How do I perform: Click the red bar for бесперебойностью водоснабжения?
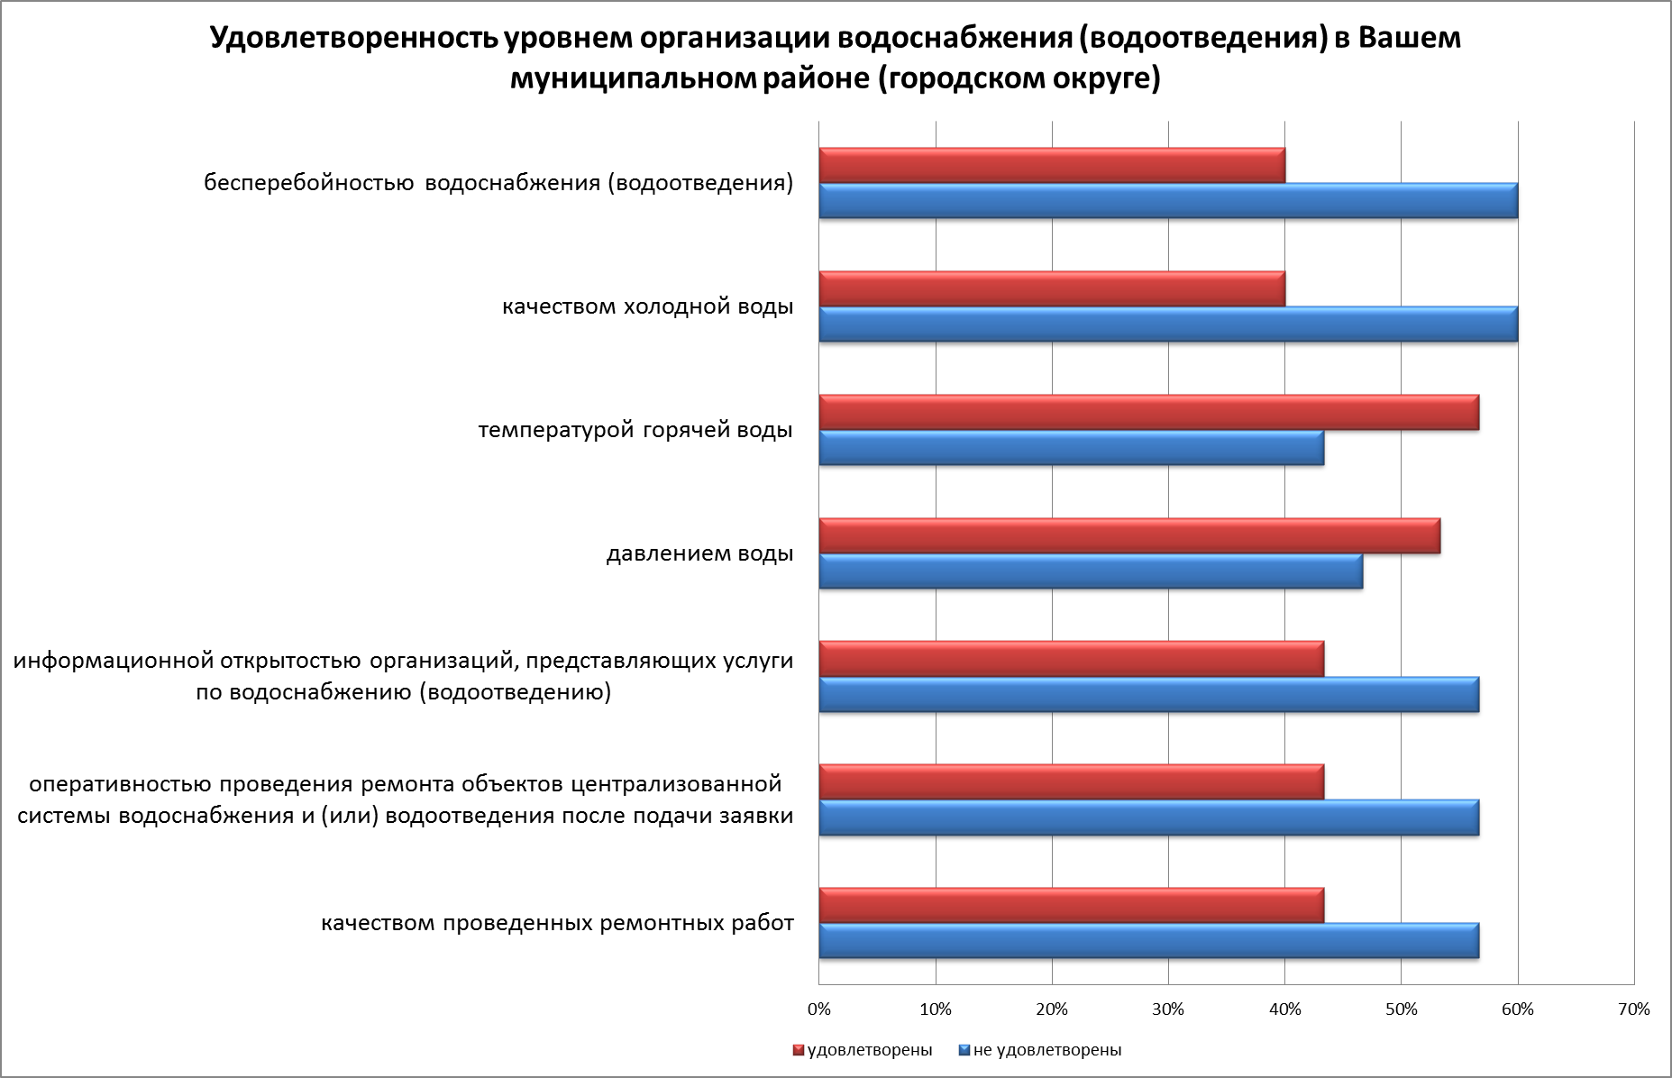[1052, 166]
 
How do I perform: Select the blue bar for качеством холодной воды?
[1168, 324]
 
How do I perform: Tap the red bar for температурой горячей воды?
[1148, 413]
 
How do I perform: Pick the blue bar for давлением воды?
[1091, 571]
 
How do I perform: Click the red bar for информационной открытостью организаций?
[1071, 659]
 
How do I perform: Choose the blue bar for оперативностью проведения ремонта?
[1148, 818]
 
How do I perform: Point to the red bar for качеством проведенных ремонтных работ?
[1071, 906]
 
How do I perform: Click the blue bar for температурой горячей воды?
[1071, 448]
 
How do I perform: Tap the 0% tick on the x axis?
[819, 1009]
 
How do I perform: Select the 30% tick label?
[1168, 1009]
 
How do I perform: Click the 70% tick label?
[1634, 1009]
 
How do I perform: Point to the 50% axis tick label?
[1401, 1009]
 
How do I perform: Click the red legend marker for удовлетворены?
[798, 1050]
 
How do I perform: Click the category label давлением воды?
[699, 553]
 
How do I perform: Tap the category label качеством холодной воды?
[647, 307]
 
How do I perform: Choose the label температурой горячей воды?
[635, 431]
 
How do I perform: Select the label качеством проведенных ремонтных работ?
[557, 924]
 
